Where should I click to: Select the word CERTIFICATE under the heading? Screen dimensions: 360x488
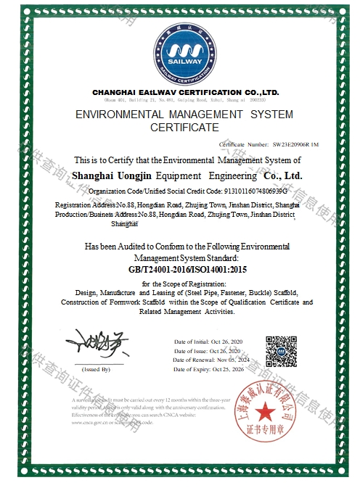point(184,128)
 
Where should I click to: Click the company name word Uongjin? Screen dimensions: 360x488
point(153,176)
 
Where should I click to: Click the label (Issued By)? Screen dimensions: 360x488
point(96,370)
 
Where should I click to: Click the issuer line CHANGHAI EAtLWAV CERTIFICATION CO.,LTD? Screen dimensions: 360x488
point(185,93)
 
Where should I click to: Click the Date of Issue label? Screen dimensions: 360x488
point(194,350)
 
